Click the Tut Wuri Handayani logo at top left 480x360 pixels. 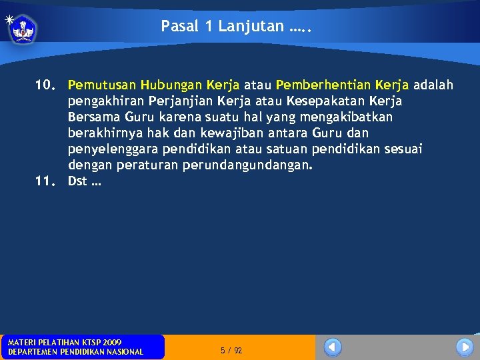tap(23, 29)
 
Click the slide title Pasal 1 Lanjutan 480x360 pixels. tap(237, 26)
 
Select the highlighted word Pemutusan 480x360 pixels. tap(102, 85)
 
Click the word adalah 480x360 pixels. tap(433, 85)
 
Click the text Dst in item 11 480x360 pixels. tap(77, 181)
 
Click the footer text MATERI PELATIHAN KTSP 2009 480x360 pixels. tap(65, 342)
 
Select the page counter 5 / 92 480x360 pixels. tap(231, 351)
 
